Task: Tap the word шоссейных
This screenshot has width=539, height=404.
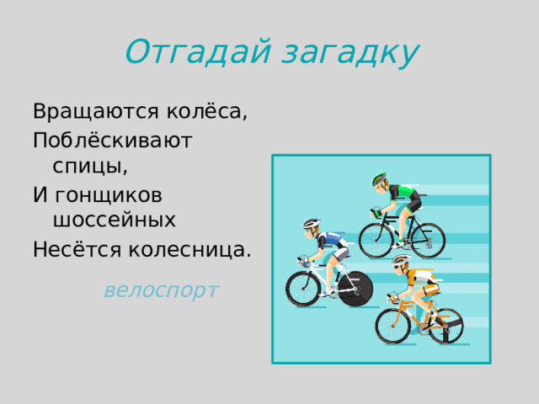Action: point(115,221)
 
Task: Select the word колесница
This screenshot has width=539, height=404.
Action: point(189,249)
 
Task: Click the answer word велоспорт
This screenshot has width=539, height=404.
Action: point(161,290)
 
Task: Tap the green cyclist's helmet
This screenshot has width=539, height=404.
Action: point(380,179)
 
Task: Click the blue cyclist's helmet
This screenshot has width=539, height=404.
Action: point(312,224)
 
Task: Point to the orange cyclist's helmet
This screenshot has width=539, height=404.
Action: point(401,262)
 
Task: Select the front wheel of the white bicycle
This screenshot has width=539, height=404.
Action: point(304,289)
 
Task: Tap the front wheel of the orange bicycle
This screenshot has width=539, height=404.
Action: point(392,326)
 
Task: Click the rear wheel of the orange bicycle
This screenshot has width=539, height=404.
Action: point(446,325)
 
